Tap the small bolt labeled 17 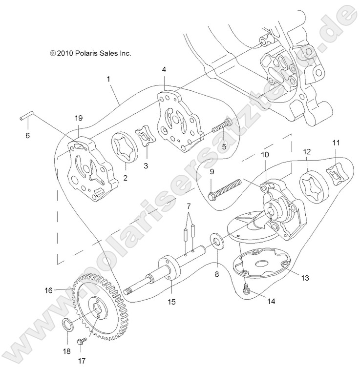(x=81, y=340)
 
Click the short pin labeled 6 (x=27, y=119)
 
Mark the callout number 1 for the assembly (x=108, y=78)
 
